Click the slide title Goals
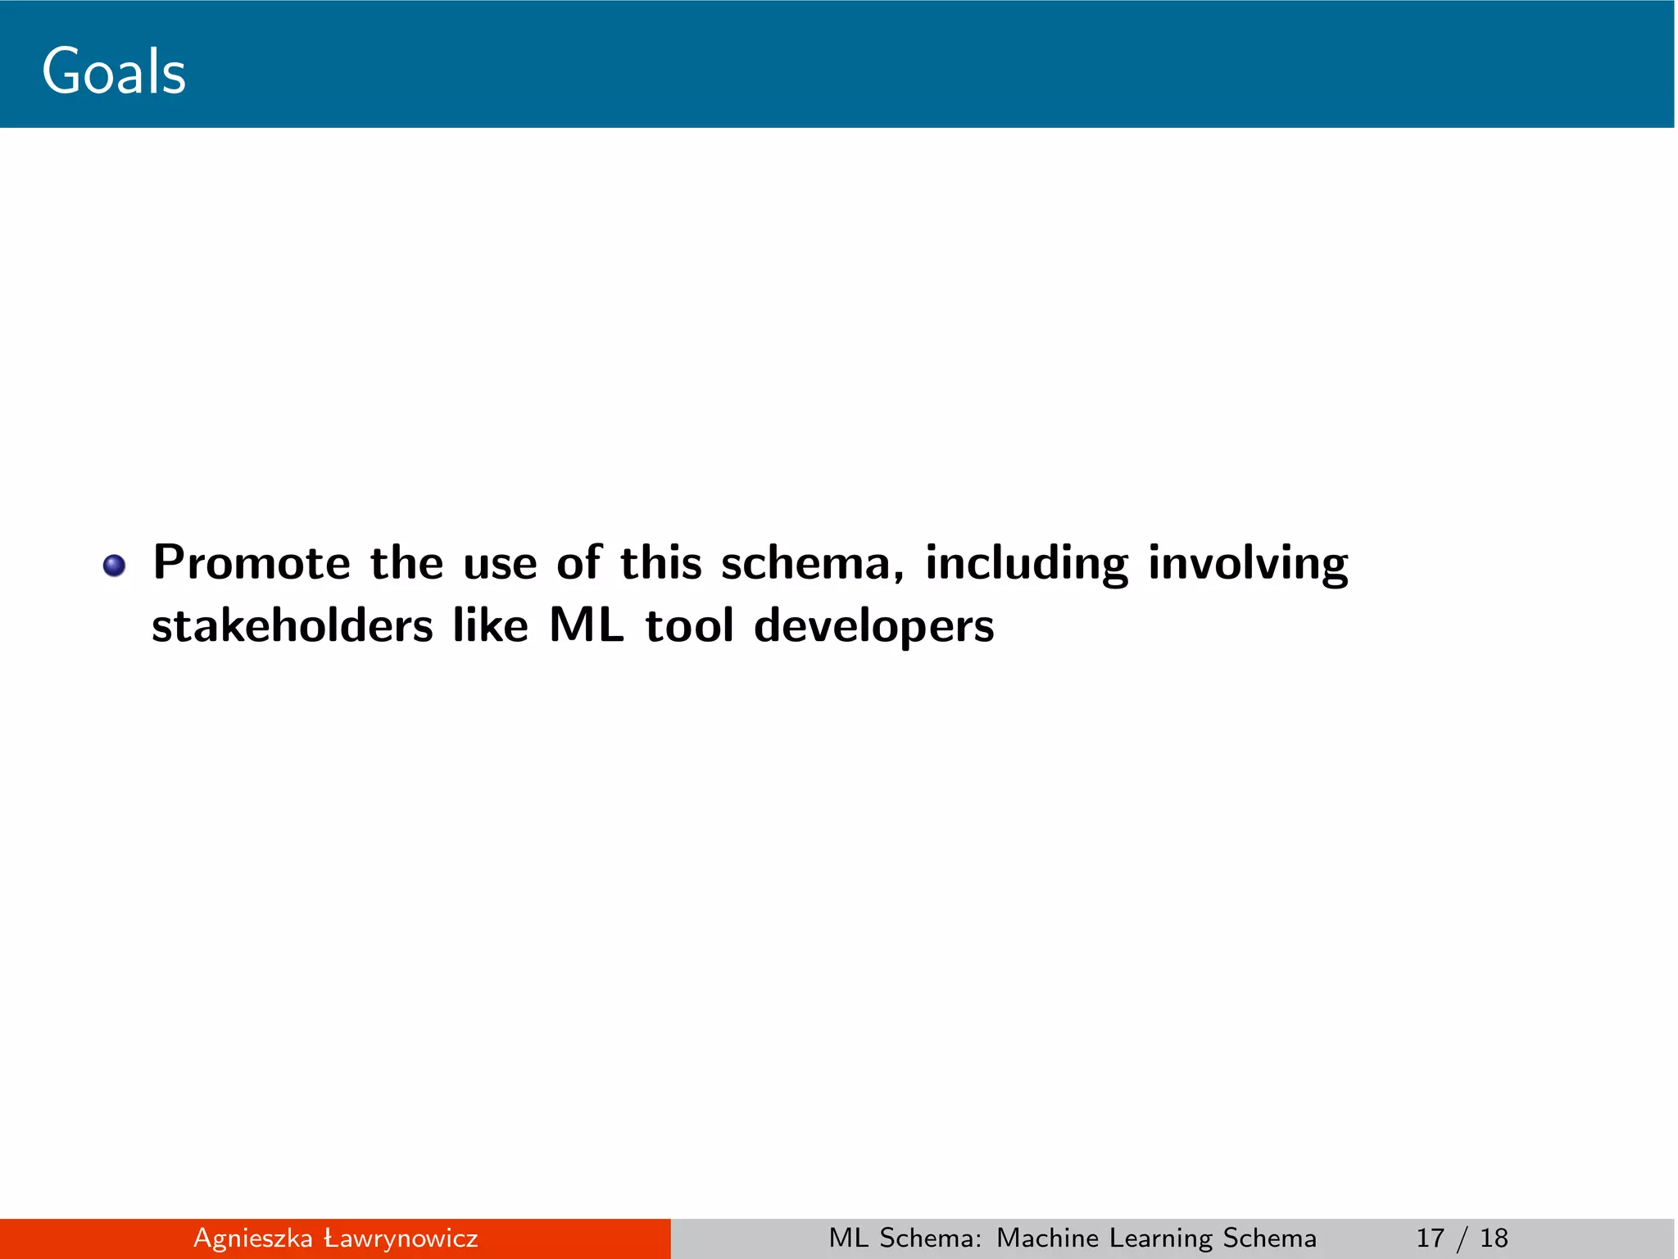tap(114, 72)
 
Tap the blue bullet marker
tap(114, 566)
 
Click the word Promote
tap(252, 564)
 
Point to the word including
tap(1027, 564)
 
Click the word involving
tap(1248, 564)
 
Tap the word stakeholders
tap(293, 627)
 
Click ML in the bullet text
tap(587, 627)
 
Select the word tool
tap(689, 627)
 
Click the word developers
tap(873, 627)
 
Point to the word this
tap(660, 564)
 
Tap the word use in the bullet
tap(500, 564)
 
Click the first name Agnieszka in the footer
tap(252, 1239)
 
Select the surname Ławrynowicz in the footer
tap(401, 1239)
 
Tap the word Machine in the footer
tap(1047, 1239)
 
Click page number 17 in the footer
tap(1431, 1239)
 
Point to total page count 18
tap(1494, 1239)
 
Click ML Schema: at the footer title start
tap(905, 1239)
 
